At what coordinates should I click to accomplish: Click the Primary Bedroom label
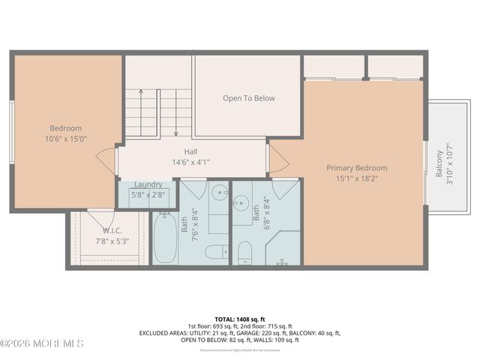[x=356, y=168]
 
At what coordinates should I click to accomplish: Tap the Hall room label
[x=191, y=151]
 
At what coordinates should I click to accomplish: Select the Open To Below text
[x=249, y=98]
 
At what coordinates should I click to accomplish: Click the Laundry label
[x=148, y=184]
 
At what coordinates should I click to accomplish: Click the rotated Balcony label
[x=439, y=164]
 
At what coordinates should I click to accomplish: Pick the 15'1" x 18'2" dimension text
[x=357, y=179]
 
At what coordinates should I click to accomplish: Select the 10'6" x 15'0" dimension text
[x=66, y=138]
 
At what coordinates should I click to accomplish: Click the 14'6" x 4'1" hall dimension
[x=191, y=161]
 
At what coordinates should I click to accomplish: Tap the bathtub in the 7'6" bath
[x=165, y=238]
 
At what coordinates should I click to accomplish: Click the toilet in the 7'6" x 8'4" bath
[x=217, y=251]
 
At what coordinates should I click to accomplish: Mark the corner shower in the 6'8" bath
[x=284, y=248]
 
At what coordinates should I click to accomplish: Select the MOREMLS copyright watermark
[x=42, y=343]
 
